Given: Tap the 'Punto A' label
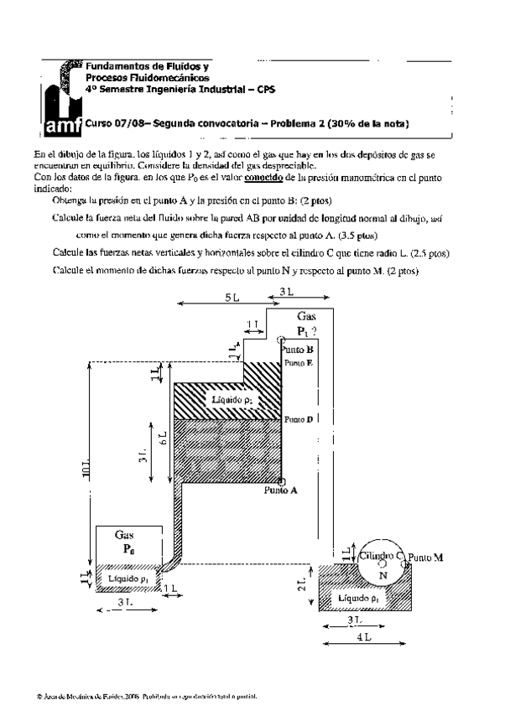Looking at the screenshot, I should point(281,491).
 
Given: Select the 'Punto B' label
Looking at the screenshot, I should point(298,349).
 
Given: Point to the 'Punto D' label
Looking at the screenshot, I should point(299,418).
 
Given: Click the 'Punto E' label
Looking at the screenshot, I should point(299,363).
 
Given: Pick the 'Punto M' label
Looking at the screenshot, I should point(427,557).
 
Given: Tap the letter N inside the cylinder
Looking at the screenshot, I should point(383,576).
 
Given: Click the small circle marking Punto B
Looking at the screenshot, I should point(280,340).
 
